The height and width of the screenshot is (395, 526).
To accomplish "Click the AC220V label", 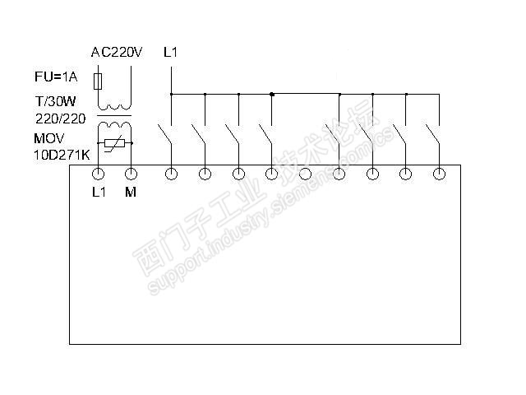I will (x=117, y=53).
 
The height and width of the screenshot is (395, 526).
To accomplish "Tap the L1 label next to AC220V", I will (x=171, y=53).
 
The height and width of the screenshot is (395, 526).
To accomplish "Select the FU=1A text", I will (x=55, y=78).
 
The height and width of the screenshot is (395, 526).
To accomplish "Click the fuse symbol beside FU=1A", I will (x=99, y=81).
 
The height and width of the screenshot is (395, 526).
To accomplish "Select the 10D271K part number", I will (x=61, y=153).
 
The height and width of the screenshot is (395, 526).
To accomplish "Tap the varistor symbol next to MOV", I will (x=115, y=144).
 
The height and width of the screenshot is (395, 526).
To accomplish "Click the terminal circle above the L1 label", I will (x=98, y=174).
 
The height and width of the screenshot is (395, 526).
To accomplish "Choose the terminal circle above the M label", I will (x=131, y=174).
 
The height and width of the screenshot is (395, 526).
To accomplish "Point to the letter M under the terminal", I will (x=131, y=193).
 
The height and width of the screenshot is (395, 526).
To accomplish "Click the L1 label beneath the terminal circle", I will (x=98, y=193).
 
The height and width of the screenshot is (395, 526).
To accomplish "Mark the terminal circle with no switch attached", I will (x=305, y=174).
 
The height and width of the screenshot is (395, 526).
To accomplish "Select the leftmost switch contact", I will (x=166, y=136).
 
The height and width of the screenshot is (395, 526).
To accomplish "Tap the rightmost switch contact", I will (x=434, y=136).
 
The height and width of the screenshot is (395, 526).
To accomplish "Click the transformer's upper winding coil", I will (x=114, y=106).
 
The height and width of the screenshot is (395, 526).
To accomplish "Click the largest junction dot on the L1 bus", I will (x=272, y=95).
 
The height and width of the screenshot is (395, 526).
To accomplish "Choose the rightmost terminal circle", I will (x=439, y=174).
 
